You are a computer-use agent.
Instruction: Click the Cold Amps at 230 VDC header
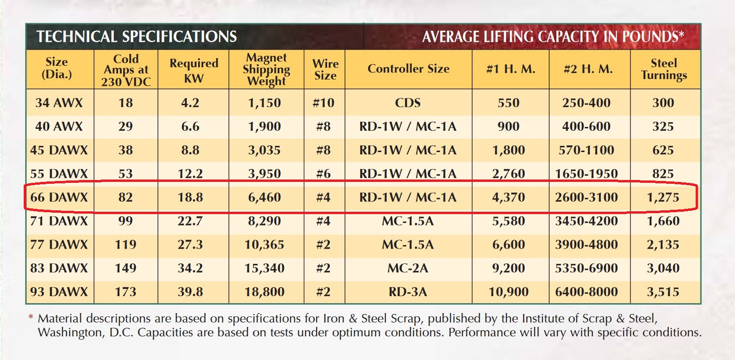pyautogui.click(x=126, y=70)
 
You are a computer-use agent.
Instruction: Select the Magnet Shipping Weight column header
pyautogui.click(x=266, y=70)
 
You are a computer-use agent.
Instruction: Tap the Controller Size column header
pyautogui.click(x=408, y=69)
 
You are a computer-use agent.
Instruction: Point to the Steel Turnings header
pyautogui.click(x=664, y=69)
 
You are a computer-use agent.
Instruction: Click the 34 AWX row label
pyautogui.click(x=59, y=103)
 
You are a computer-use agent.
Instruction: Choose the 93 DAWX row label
pyautogui.click(x=59, y=292)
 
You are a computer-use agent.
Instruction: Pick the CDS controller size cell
pyautogui.click(x=408, y=103)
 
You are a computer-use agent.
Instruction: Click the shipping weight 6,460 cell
pyautogui.click(x=265, y=197)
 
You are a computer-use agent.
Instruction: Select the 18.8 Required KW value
pyautogui.click(x=190, y=197)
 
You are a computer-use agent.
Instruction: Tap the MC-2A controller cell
pyautogui.click(x=408, y=268)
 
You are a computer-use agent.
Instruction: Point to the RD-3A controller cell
pyautogui.click(x=408, y=292)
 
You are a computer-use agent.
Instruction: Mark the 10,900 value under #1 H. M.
pyautogui.click(x=508, y=292)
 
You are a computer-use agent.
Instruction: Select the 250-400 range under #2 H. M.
pyautogui.click(x=587, y=103)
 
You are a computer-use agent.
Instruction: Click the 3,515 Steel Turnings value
pyautogui.click(x=663, y=292)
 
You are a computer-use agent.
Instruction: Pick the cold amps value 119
pyautogui.click(x=126, y=244)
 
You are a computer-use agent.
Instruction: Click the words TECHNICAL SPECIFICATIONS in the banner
pyautogui.click(x=136, y=36)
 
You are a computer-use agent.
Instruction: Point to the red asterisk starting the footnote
pyautogui.click(x=31, y=317)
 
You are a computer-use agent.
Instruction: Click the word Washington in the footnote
pyautogui.click(x=66, y=333)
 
